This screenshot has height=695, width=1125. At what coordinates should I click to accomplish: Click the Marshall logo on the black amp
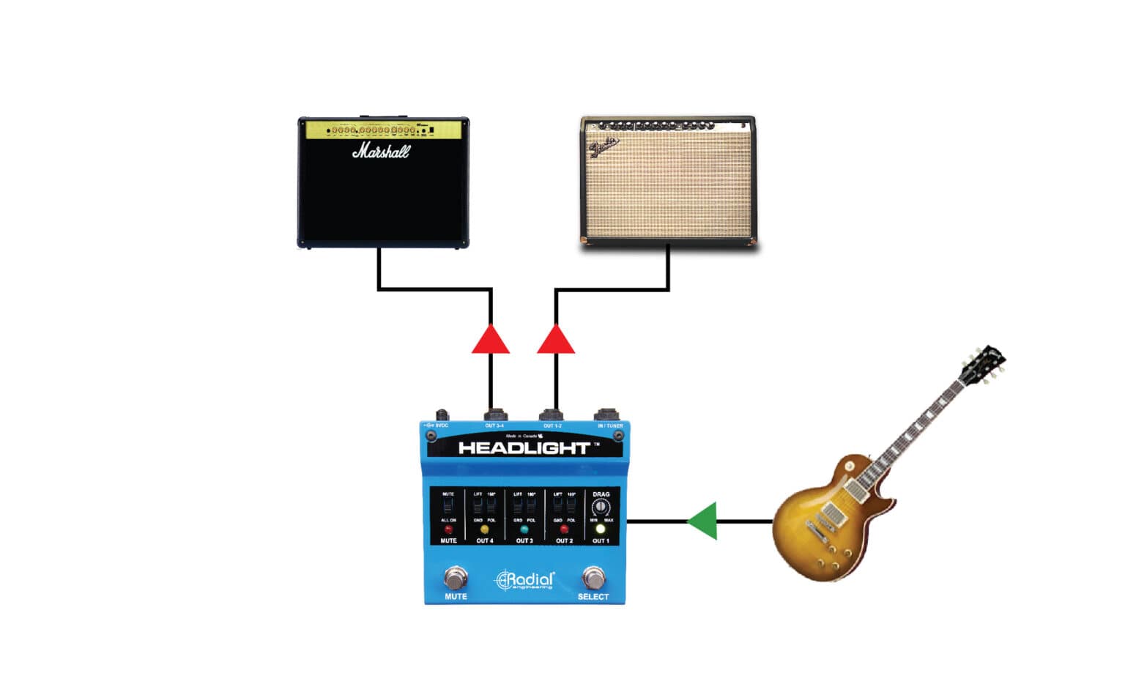point(381,152)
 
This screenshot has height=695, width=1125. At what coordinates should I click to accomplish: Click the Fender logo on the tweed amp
point(604,146)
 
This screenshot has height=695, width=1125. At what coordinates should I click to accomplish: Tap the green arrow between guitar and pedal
point(702,521)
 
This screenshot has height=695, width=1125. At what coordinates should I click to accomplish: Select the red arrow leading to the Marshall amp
point(491,340)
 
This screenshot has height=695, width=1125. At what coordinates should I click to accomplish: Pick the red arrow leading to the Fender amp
point(556,340)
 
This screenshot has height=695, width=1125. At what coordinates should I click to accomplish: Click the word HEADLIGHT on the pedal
point(524,448)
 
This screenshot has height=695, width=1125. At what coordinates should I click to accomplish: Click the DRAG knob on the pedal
point(601,507)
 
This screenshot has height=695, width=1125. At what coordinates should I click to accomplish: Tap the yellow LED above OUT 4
point(484,529)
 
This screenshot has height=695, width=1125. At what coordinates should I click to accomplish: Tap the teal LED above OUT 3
point(524,529)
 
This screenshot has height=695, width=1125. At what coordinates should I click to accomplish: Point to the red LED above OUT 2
point(564,529)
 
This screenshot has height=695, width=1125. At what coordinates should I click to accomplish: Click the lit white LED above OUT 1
point(601,529)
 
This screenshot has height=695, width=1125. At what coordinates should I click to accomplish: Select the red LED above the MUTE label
point(448,529)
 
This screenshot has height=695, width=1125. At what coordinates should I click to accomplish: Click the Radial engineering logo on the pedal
point(524,581)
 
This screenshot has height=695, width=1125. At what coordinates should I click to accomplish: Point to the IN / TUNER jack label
point(610,425)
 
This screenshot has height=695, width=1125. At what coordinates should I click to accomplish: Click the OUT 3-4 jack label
point(494,425)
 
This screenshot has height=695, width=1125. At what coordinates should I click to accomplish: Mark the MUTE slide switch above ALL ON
point(448,506)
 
